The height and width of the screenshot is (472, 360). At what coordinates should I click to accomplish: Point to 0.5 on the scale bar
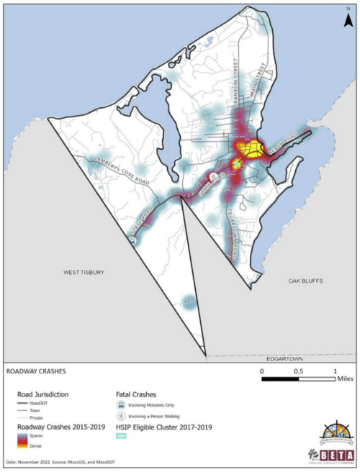(x=298, y=371)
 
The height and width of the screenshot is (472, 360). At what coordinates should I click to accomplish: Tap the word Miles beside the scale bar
(x=345, y=381)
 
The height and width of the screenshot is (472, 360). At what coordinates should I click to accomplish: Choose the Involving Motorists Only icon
(x=122, y=407)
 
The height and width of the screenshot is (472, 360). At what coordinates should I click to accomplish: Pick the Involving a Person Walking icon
(x=122, y=417)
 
